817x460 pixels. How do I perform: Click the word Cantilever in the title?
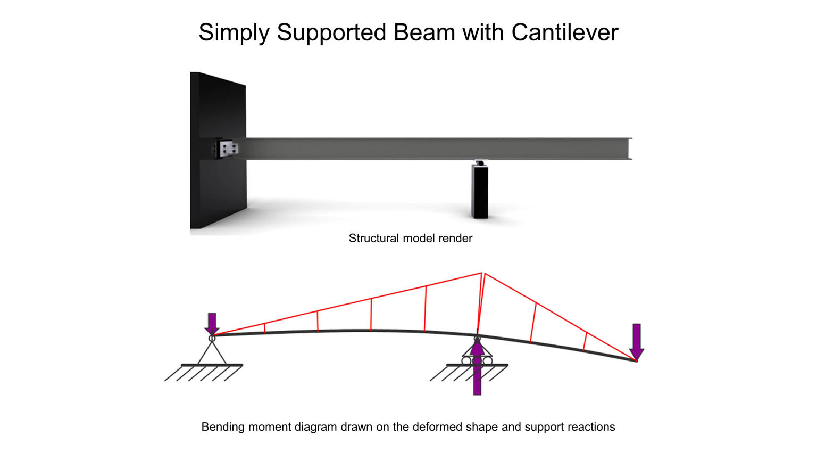[x=564, y=32]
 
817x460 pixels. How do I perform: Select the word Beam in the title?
[x=424, y=32]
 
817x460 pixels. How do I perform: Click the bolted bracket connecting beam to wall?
[x=226, y=148]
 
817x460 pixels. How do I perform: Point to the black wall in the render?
[x=218, y=151]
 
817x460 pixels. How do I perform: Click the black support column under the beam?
[x=480, y=191]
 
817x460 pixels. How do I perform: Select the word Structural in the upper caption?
[x=373, y=239]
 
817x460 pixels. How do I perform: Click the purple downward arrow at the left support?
[x=212, y=324]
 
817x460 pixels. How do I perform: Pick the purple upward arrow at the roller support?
[x=477, y=369]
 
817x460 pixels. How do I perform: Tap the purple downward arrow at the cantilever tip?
[x=637, y=342]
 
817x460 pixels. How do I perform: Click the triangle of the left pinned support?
[x=212, y=352]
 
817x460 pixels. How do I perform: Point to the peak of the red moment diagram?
[x=482, y=273]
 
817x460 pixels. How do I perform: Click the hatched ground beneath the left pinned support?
[x=204, y=372]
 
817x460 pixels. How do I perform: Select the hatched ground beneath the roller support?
[x=469, y=372]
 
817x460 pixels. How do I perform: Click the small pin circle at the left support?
[x=212, y=339]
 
